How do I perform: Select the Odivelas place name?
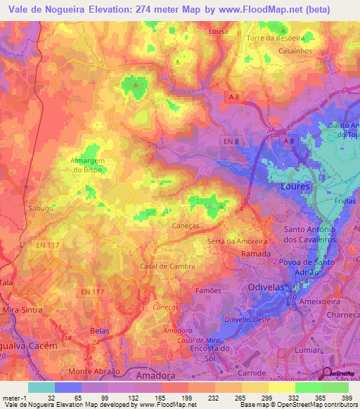click(269, 287)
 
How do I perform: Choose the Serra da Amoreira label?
click(238, 242)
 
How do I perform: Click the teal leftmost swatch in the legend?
click(41, 387)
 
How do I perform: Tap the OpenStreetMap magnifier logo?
click(328, 374)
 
